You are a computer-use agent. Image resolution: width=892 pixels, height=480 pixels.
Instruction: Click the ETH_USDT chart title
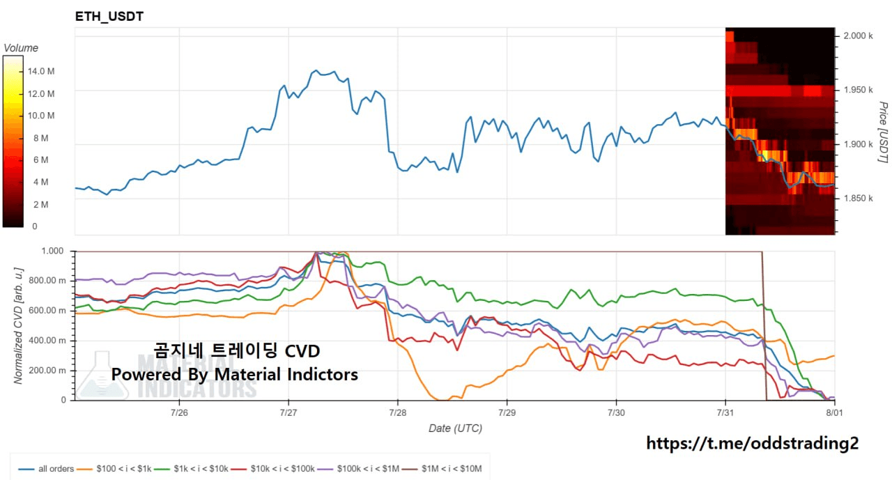(x=109, y=16)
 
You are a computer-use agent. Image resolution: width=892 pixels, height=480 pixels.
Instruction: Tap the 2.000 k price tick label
(x=858, y=36)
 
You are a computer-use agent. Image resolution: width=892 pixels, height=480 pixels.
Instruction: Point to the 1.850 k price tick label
(x=858, y=199)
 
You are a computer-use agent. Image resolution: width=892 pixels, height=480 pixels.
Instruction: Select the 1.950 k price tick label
(x=858, y=90)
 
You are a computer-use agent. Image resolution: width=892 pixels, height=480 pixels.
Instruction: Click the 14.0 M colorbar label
(x=41, y=71)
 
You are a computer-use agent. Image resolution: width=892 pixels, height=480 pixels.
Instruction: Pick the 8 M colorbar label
(x=40, y=138)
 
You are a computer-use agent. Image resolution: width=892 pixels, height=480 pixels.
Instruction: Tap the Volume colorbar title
(x=21, y=48)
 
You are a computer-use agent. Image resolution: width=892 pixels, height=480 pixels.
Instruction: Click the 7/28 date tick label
(x=397, y=412)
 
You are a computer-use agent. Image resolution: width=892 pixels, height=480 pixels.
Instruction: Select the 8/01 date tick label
(x=834, y=412)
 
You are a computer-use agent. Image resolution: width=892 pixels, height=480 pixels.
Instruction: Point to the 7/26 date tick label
(x=179, y=412)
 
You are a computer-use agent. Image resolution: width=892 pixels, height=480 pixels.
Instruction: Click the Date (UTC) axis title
(x=455, y=428)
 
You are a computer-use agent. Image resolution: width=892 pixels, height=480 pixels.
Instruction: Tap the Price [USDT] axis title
(x=883, y=132)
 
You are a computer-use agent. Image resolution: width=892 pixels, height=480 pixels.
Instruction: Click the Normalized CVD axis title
(x=18, y=326)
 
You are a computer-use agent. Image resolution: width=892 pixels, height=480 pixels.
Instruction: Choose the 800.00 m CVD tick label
(x=47, y=281)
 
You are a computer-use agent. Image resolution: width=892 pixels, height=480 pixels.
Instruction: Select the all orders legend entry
(x=46, y=469)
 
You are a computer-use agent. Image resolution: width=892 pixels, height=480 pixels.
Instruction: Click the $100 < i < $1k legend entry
(x=114, y=469)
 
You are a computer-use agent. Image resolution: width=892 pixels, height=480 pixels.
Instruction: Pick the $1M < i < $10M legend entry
(x=442, y=469)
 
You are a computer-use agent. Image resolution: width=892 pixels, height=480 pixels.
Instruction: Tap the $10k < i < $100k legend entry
(x=272, y=469)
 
